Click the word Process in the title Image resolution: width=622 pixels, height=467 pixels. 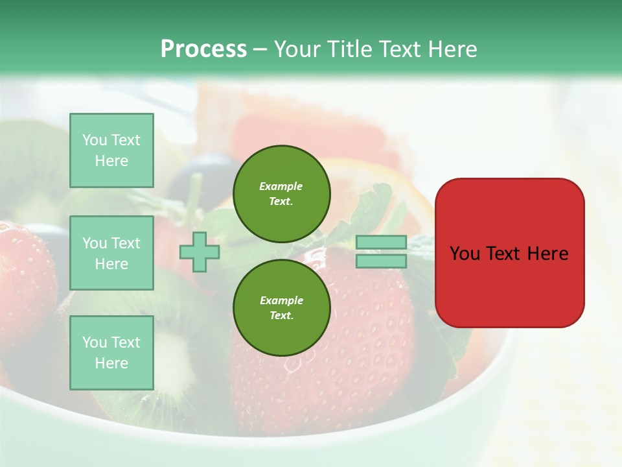point(203,49)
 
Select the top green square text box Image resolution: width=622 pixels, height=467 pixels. point(111,150)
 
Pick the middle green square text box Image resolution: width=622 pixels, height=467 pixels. point(111,253)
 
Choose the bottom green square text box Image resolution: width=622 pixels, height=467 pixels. point(111,352)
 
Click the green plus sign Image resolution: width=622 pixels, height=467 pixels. point(200,252)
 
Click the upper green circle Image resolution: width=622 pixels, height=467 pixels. point(281,193)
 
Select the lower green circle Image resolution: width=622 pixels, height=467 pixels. point(281,307)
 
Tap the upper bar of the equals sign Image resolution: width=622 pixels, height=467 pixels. point(381,243)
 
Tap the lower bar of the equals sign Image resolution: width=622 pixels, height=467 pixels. point(381,261)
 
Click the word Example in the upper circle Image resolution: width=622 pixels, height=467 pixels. point(281,186)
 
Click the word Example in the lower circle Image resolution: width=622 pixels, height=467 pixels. point(281,300)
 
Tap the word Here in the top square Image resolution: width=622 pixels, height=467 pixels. point(111,161)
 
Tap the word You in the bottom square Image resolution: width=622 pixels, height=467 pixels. point(95,342)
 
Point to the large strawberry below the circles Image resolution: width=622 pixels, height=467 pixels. point(343,383)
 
